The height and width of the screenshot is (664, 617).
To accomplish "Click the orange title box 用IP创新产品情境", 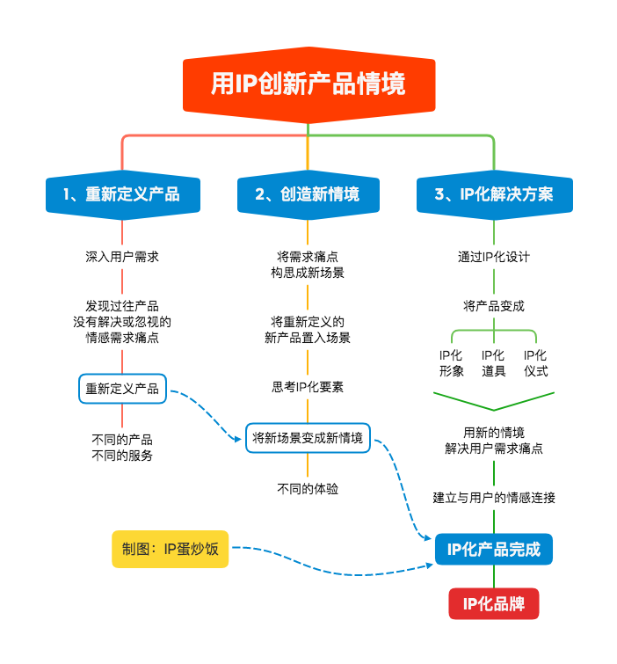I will tap(308, 84).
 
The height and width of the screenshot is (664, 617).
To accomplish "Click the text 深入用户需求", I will tap(122, 257).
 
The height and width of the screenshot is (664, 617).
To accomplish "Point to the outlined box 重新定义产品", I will tap(122, 388).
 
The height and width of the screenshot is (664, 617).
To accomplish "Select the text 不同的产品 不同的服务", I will tap(122, 448).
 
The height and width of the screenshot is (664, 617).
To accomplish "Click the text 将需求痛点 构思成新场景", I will tap(308, 265).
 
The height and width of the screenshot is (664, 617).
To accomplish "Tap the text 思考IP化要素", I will tap(308, 387).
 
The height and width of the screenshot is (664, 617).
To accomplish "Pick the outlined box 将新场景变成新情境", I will tap(308, 437).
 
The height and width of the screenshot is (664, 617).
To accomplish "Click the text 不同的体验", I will tap(308, 489).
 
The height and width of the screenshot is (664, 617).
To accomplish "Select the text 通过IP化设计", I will tap(494, 257).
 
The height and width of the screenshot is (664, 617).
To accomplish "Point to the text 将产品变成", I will tap(494, 306).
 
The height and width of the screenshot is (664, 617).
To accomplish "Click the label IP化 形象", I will tap(451, 363).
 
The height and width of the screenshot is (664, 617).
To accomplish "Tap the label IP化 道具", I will tap(493, 363).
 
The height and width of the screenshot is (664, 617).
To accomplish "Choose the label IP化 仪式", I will tap(535, 363).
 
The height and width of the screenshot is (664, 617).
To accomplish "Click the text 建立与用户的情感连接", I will tap(494, 498).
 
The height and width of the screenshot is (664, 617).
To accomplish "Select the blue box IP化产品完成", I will tap(494, 550).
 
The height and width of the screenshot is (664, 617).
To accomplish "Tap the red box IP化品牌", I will tap(494, 603).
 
